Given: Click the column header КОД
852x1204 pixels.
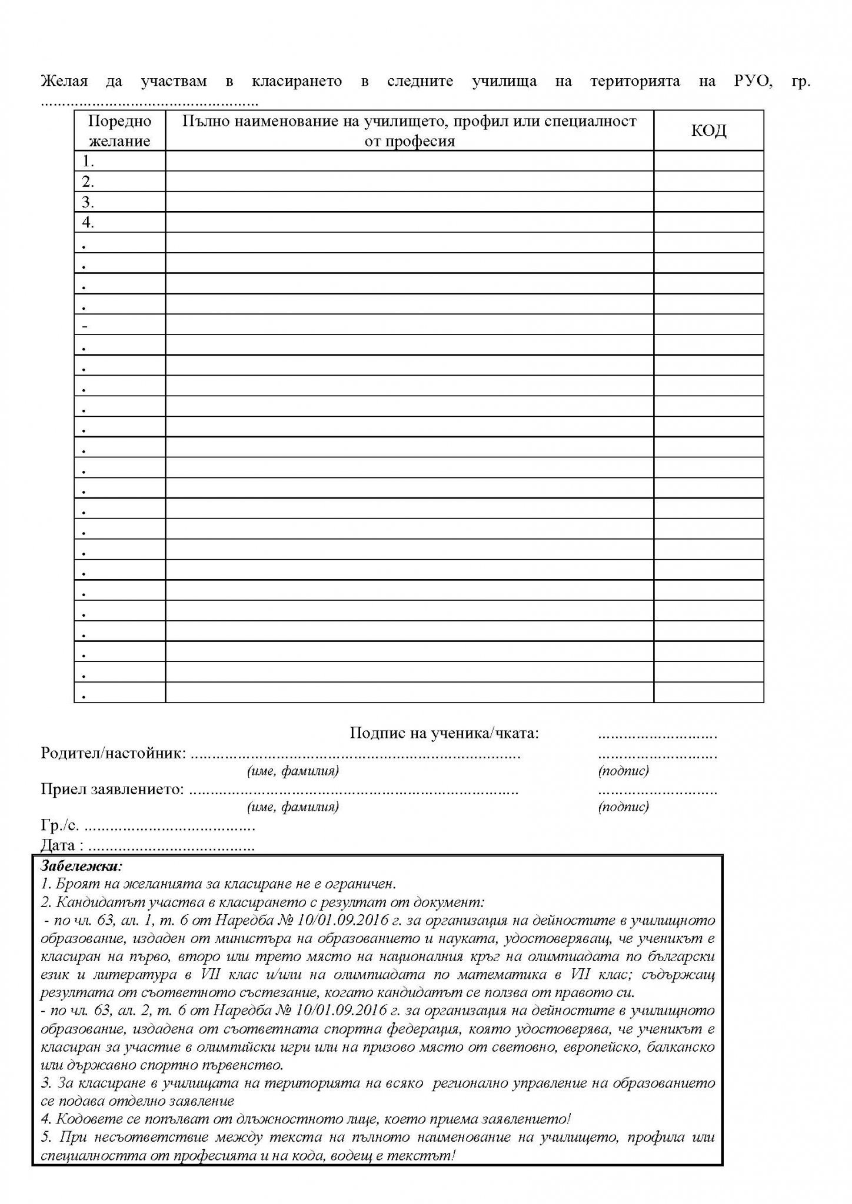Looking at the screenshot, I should (708, 131).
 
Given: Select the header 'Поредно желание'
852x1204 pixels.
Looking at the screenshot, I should (119, 131).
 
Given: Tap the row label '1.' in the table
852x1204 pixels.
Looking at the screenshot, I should (89, 161).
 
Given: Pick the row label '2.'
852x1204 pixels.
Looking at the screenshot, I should (89, 182).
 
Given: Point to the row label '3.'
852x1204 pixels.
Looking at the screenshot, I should (89, 202).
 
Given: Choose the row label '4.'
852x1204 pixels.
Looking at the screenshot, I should (89, 223).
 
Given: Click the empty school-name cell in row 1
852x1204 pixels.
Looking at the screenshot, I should (409, 161).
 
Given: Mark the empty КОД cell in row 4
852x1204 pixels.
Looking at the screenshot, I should (708, 223).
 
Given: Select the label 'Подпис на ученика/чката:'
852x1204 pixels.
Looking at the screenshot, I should (444, 733).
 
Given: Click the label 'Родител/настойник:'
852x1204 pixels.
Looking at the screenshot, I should (114, 753).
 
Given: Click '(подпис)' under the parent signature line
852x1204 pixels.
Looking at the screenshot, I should (623, 770).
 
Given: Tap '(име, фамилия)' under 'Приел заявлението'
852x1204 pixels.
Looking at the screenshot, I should (293, 807).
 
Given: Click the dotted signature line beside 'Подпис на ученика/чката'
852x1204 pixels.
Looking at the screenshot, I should (657, 735).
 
